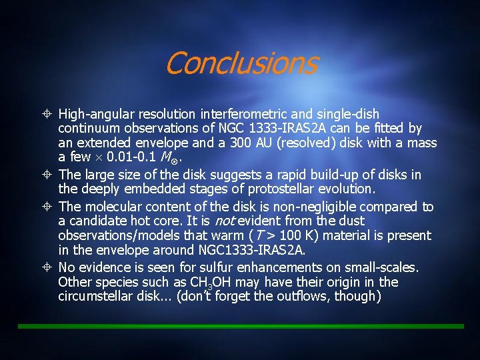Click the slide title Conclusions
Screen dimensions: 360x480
241,64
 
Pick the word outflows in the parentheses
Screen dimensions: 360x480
305,296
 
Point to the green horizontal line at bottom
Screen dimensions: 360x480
240,326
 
